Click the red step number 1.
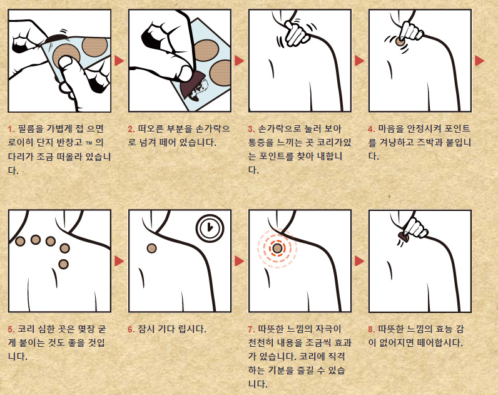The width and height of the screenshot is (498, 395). pyautogui.click(x=11, y=129)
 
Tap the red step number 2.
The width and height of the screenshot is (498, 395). pyautogui.click(x=131, y=129)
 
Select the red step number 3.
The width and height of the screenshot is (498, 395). pyautogui.click(x=252, y=129)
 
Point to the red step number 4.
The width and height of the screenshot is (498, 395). pyautogui.click(x=371, y=129)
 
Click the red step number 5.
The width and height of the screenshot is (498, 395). pyautogui.click(x=11, y=329)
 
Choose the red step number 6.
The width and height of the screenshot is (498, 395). pyautogui.click(x=131, y=329)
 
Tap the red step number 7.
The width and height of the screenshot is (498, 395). pyautogui.click(x=252, y=329)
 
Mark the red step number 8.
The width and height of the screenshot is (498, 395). pyautogui.click(x=371, y=329)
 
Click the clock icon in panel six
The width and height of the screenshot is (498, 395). pyautogui.click(x=210, y=228)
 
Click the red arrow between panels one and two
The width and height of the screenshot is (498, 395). pyautogui.click(x=119, y=60)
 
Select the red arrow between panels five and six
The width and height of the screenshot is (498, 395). pyautogui.click(x=119, y=261)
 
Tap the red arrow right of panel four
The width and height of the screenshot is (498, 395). pyautogui.click(x=479, y=60)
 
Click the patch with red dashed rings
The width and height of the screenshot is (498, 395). pyautogui.click(x=277, y=248)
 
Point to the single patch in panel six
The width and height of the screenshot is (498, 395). pyautogui.click(x=152, y=248)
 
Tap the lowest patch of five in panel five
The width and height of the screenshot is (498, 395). pyautogui.click(x=64, y=264)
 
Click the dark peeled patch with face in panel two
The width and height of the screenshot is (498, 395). pyautogui.click(x=195, y=86)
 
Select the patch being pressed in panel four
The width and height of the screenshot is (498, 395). pyautogui.click(x=400, y=41)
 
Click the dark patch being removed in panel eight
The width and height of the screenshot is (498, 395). pyautogui.click(x=403, y=237)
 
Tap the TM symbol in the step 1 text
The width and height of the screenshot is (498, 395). pyautogui.click(x=89, y=143)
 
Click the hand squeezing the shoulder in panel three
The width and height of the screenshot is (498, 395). pyautogui.click(x=296, y=33)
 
